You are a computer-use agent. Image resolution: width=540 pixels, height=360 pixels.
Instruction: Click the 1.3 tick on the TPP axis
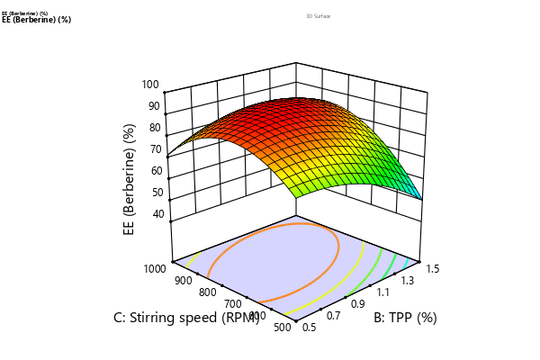(x=408, y=280)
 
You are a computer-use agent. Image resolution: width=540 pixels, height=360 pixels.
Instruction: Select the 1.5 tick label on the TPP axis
(x=432, y=268)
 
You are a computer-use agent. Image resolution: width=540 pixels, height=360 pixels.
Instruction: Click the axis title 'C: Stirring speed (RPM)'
(x=185, y=318)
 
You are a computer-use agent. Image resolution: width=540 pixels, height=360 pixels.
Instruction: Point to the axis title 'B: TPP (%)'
(x=405, y=318)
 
